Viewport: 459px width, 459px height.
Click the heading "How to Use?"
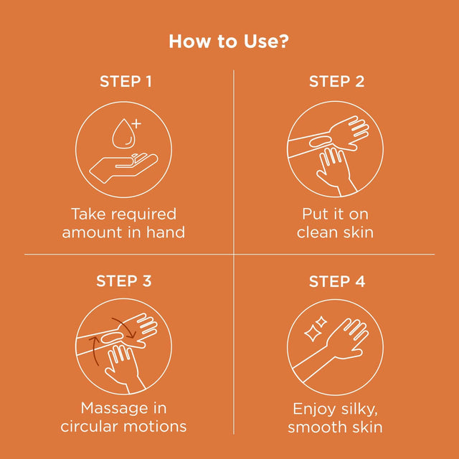point(229,41)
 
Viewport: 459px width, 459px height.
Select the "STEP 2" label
point(336,81)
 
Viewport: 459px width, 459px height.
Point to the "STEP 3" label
point(124,281)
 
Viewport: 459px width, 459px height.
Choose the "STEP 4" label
point(336,281)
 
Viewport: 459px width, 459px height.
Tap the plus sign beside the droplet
point(137,123)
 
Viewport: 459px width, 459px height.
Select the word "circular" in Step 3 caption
point(90,426)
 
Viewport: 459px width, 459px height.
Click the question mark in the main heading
point(283,41)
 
